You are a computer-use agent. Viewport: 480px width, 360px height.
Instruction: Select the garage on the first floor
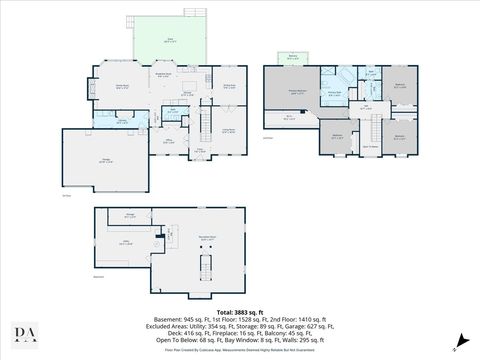click(105, 159)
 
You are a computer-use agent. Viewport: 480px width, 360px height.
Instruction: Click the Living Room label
click(228, 130)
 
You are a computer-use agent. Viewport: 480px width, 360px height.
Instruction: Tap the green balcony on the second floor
click(292, 58)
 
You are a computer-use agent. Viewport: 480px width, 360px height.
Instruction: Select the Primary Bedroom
click(297, 91)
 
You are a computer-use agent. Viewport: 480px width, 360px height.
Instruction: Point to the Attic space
click(289, 119)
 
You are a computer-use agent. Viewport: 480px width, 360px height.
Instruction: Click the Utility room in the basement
click(128, 242)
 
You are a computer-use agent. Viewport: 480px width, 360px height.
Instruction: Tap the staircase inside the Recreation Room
click(207, 264)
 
